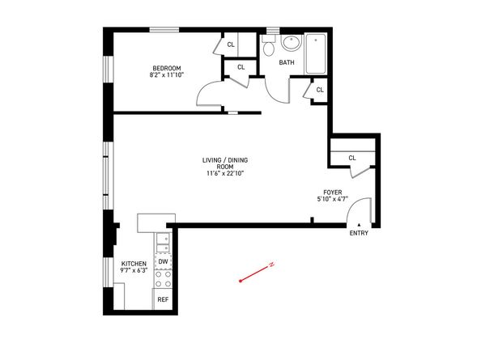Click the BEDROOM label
(x=167, y=68)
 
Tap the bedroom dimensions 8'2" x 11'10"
(x=167, y=74)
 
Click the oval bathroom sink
(x=292, y=43)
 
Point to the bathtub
(x=316, y=54)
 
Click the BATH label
(x=287, y=62)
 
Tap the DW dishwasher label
(x=164, y=261)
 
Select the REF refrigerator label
(x=163, y=299)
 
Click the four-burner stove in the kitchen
(x=164, y=278)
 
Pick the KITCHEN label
(x=134, y=264)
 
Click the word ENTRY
(x=359, y=233)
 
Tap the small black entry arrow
(x=359, y=225)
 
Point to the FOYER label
(x=333, y=193)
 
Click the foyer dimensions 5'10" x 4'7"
(x=333, y=199)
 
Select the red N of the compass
(x=271, y=265)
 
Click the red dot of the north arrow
(x=240, y=281)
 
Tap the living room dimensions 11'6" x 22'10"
(x=225, y=173)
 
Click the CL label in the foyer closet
(x=352, y=158)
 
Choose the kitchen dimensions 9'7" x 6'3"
(x=134, y=270)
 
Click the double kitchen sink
(x=163, y=243)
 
